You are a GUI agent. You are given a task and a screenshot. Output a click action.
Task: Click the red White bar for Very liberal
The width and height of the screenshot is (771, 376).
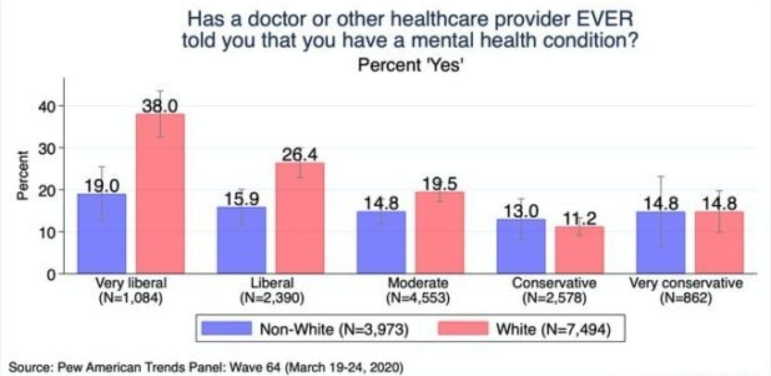coord(160,193)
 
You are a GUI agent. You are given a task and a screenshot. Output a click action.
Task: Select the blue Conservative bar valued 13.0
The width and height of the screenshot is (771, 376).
coord(521,246)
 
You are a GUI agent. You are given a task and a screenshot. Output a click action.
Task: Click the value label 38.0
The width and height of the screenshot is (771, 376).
coord(160,106)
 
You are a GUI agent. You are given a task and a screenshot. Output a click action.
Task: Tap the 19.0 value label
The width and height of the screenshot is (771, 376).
coord(102,186)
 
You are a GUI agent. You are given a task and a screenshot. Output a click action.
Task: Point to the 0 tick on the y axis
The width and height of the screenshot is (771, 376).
coord(51,274)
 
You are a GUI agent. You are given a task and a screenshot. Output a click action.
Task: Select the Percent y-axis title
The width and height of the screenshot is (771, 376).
coord(22,176)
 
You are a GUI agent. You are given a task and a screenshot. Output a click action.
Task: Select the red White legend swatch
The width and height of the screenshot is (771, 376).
coord(463,329)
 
